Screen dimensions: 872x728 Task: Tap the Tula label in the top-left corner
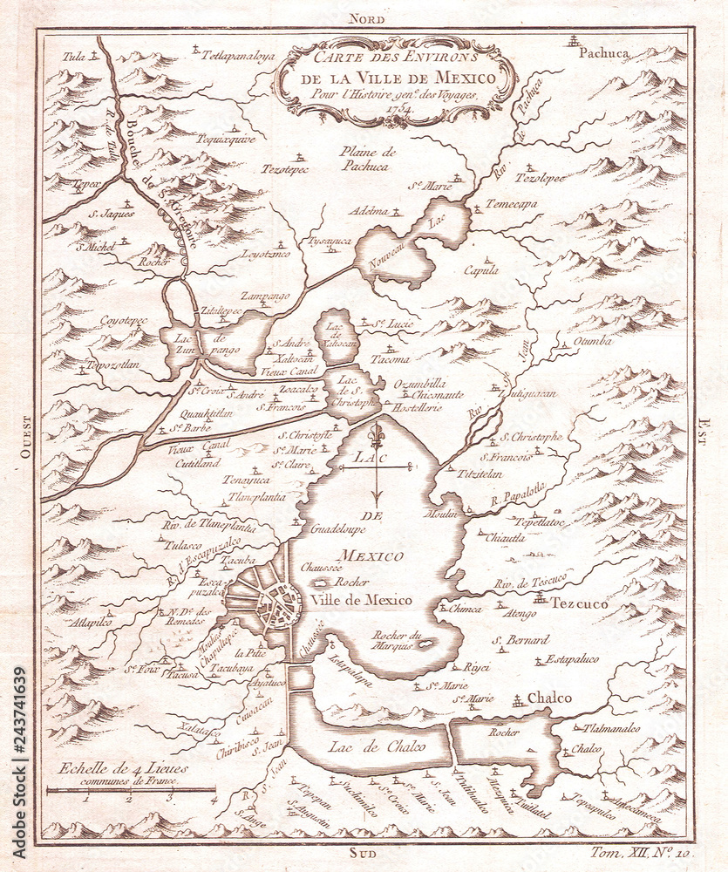tap(74, 56)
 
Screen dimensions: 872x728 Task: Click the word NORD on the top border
tap(366, 17)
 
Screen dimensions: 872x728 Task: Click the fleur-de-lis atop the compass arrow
tap(377, 435)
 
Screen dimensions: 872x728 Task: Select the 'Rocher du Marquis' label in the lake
tap(397, 641)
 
